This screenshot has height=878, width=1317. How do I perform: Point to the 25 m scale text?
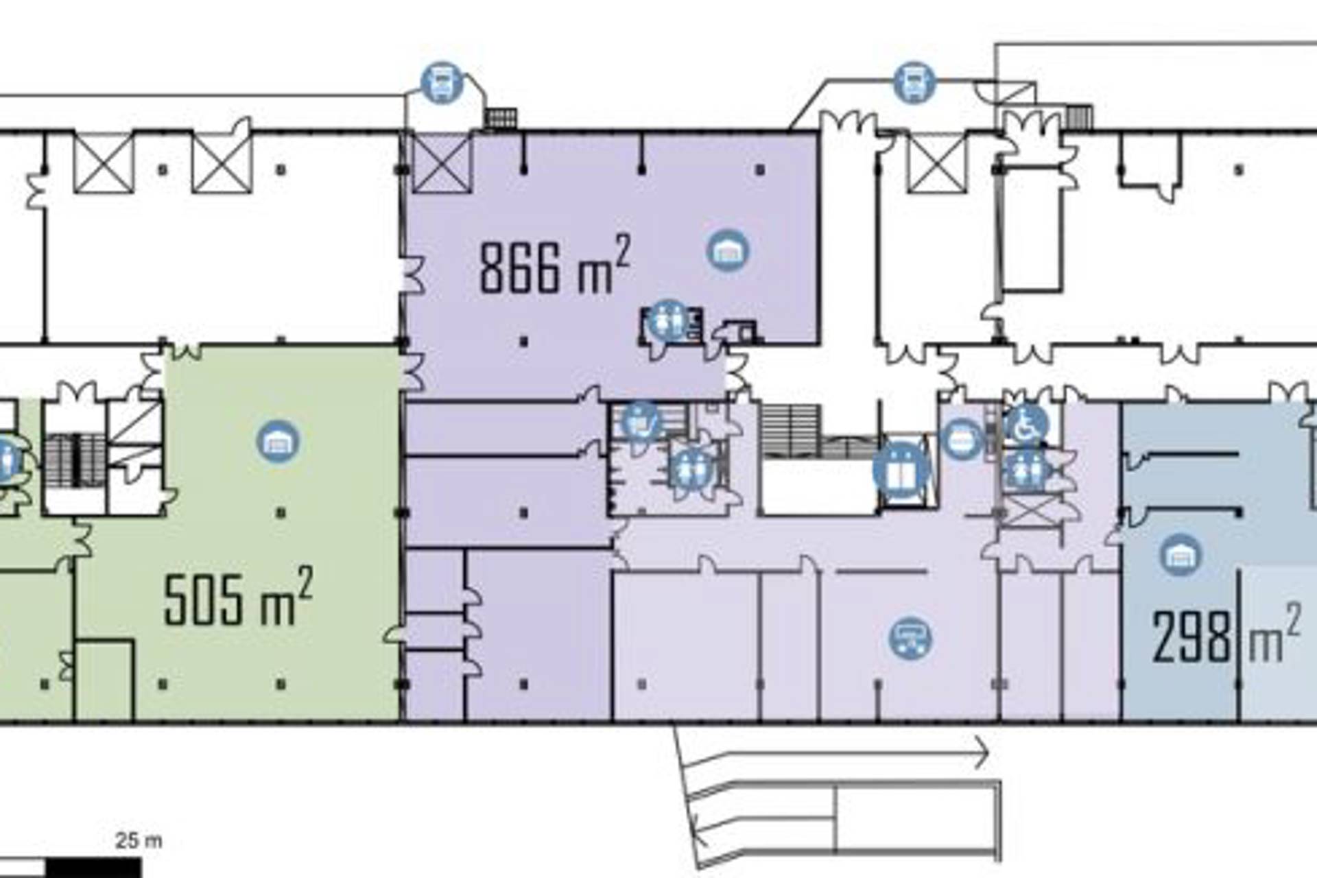pyautogui.click(x=139, y=840)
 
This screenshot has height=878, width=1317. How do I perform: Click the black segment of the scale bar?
pyautogui.click(x=93, y=868)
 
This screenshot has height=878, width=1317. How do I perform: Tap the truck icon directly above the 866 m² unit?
pyautogui.click(x=442, y=83)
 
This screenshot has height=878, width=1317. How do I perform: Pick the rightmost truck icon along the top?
pyautogui.click(x=915, y=83)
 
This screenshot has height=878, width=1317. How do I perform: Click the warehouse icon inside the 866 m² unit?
pyautogui.click(x=728, y=250)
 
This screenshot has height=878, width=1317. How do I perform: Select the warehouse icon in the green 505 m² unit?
pyautogui.click(x=278, y=442)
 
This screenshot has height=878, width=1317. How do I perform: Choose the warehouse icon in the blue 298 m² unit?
pyautogui.click(x=1180, y=554)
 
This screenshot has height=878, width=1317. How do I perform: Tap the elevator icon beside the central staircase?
pyautogui.click(x=901, y=471)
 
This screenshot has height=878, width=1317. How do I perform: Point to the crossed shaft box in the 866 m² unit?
pyautogui.click(x=442, y=163)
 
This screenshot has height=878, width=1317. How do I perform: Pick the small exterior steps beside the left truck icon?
pyautogui.click(x=500, y=118)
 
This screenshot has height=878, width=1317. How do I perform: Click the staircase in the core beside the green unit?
pyautogui.click(x=74, y=460)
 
